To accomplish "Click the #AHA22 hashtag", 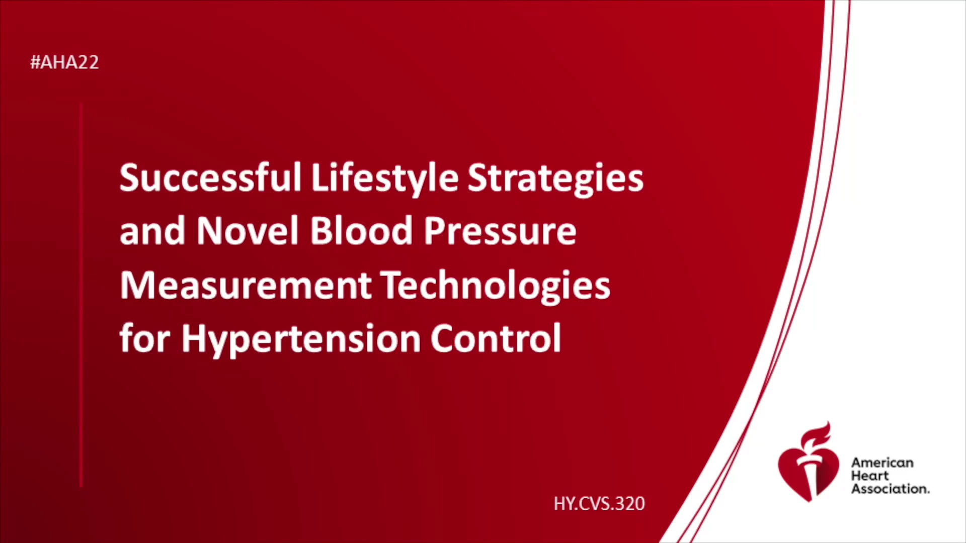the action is click(x=64, y=62).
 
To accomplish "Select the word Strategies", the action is click(x=555, y=179).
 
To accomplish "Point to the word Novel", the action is click(x=248, y=231).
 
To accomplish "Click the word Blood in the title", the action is click(x=361, y=231).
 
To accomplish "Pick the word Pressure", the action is click(x=500, y=232).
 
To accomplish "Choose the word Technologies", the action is click(x=496, y=287).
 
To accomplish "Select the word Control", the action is click(x=496, y=338).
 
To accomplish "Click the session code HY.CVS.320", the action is click(x=599, y=503).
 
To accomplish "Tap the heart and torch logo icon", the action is click(x=809, y=463).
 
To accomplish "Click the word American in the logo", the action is click(x=882, y=463).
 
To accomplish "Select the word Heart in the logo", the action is click(x=870, y=476).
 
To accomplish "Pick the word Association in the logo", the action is click(x=890, y=489).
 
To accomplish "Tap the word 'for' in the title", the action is click(x=145, y=338).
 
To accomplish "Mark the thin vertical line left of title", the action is click(x=81, y=295).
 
